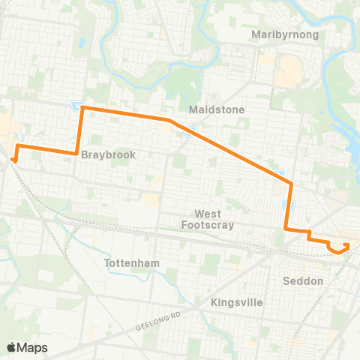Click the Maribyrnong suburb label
click(x=286, y=34)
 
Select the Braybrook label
click(x=108, y=154)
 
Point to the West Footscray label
click(x=208, y=219)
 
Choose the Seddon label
click(x=304, y=281)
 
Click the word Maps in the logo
click(x=33, y=347)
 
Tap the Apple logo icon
click(x=12, y=346)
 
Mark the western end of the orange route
click(x=14, y=158)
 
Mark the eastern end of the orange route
click(x=346, y=245)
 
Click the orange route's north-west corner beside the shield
click(x=82, y=108)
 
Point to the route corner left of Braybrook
click(x=77, y=153)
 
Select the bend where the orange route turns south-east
click(x=169, y=120)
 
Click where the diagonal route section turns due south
click(x=290, y=182)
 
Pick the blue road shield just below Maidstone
click(x=193, y=128)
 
